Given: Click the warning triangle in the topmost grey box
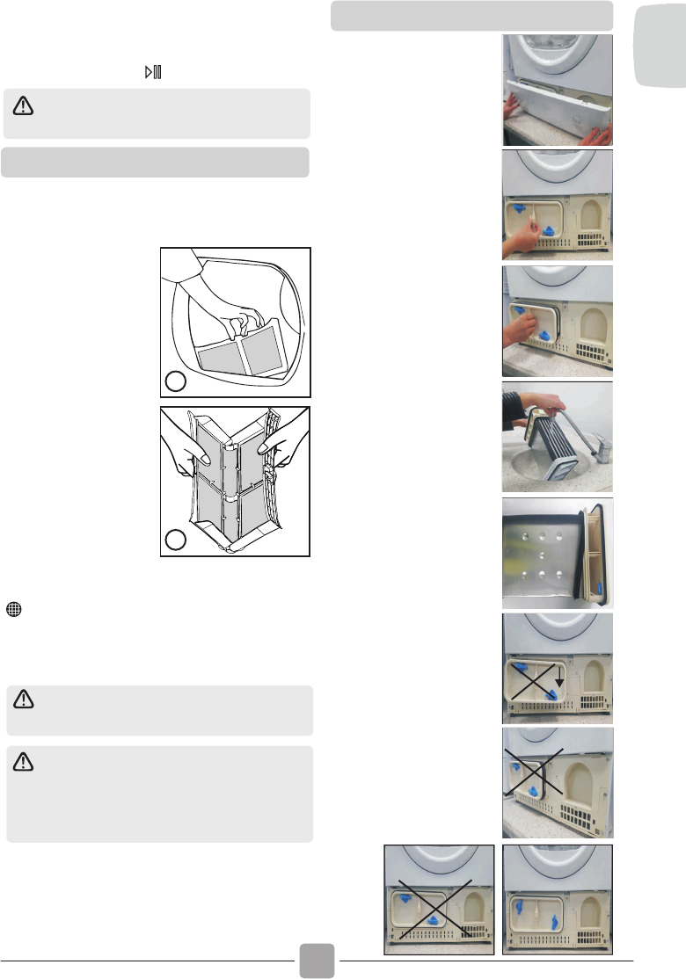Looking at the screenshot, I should point(23,106).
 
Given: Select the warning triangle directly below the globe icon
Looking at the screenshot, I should point(23,700).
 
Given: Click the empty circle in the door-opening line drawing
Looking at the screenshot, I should point(177,382).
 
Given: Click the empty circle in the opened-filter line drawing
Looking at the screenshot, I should point(177,539).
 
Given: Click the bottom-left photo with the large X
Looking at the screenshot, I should point(438,900).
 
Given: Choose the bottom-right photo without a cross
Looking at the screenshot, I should point(557,900).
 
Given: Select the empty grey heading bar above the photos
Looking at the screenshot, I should point(471,16).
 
